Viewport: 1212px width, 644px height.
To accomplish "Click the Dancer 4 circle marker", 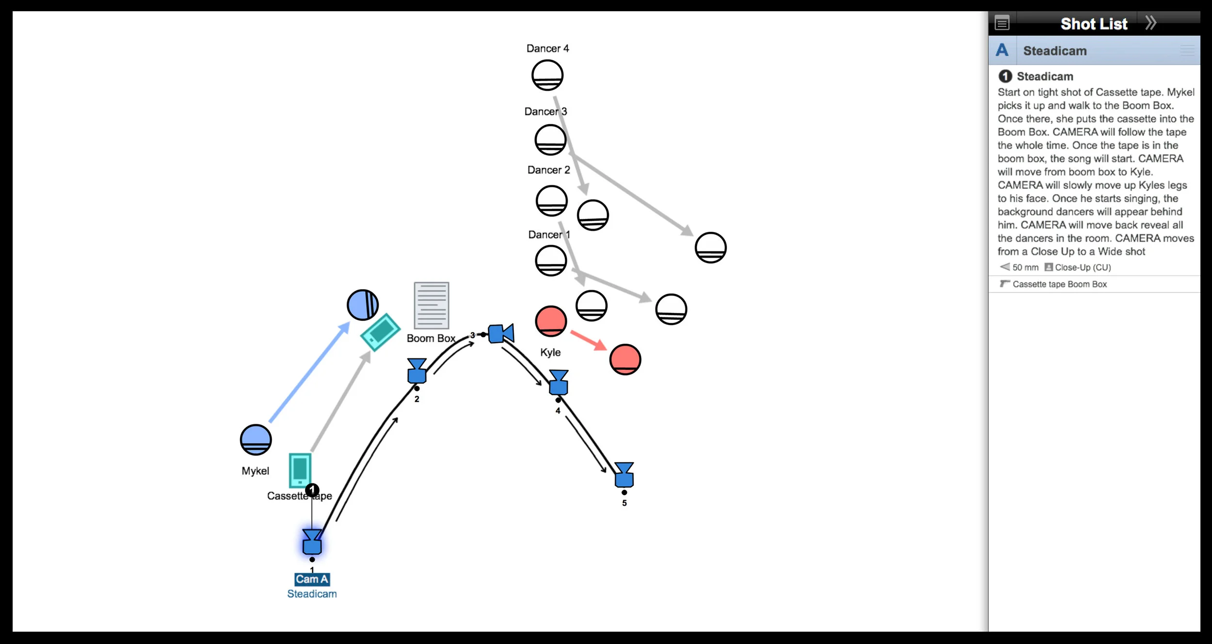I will (547, 75).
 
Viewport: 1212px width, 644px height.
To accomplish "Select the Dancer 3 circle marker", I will (550, 140).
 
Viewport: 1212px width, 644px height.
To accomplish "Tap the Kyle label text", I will (550, 352).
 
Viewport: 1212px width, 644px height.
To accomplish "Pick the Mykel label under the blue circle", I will (255, 471).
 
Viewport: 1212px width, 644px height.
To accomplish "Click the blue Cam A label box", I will (312, 579).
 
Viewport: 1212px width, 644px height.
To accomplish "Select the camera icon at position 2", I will (417, 371).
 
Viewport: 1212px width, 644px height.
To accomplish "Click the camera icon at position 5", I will (624, 475).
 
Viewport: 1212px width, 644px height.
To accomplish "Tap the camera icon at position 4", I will (558, 382).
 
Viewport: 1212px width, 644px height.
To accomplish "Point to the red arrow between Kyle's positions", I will (588, 340).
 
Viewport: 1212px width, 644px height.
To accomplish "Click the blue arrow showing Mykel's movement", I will (309, 372).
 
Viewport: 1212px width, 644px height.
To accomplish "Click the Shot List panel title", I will (1094, 24).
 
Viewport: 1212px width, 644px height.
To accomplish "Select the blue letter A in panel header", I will (1002, 50).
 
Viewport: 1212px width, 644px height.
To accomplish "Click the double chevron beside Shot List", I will (1151, 23).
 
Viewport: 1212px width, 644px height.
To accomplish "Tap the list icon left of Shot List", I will (1002, 23).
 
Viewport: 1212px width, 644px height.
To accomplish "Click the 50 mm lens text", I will (1025, 267).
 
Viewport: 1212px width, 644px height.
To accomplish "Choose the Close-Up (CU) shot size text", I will (1083, 267).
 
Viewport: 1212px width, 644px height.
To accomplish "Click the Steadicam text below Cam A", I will (312, 594).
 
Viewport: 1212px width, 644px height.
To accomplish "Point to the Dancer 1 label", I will (549, 235).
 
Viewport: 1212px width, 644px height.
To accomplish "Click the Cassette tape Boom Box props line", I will (1059, 284).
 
